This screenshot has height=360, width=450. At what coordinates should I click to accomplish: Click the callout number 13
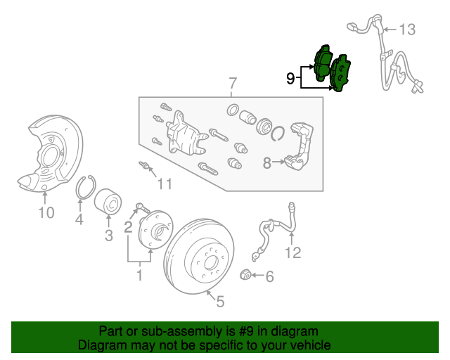tap(408, 30)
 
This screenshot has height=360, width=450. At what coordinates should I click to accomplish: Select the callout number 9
tap(290, 78)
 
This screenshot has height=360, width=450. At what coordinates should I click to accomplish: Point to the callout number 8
tap(267, 163)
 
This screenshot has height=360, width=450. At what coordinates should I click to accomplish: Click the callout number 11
tap(164, 184)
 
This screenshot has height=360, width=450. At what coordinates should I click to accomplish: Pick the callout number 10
tap(46, 212)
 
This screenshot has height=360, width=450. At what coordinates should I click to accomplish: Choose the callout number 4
tap(79, 220)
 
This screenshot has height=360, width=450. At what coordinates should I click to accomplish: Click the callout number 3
tap(109, 236)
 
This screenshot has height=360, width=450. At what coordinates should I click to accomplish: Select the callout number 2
tap(128, 226)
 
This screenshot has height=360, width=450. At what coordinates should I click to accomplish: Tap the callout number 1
tap(139, 275)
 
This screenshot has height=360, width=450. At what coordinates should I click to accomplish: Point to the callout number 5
tap(220, 302)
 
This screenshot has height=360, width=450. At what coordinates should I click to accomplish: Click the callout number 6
tap(269, 277)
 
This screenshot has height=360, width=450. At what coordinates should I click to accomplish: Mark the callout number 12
tap(292, 252)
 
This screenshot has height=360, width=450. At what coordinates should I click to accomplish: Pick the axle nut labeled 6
tap(247, 274)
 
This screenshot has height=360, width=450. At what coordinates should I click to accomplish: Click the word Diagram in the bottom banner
tap(100, 345)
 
